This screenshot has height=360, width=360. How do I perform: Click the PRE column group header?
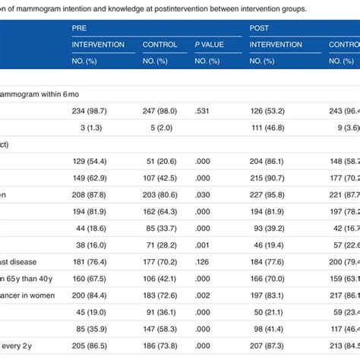click(x=80, y=27)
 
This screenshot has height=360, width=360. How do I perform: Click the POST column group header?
click(x=262, y=27)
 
